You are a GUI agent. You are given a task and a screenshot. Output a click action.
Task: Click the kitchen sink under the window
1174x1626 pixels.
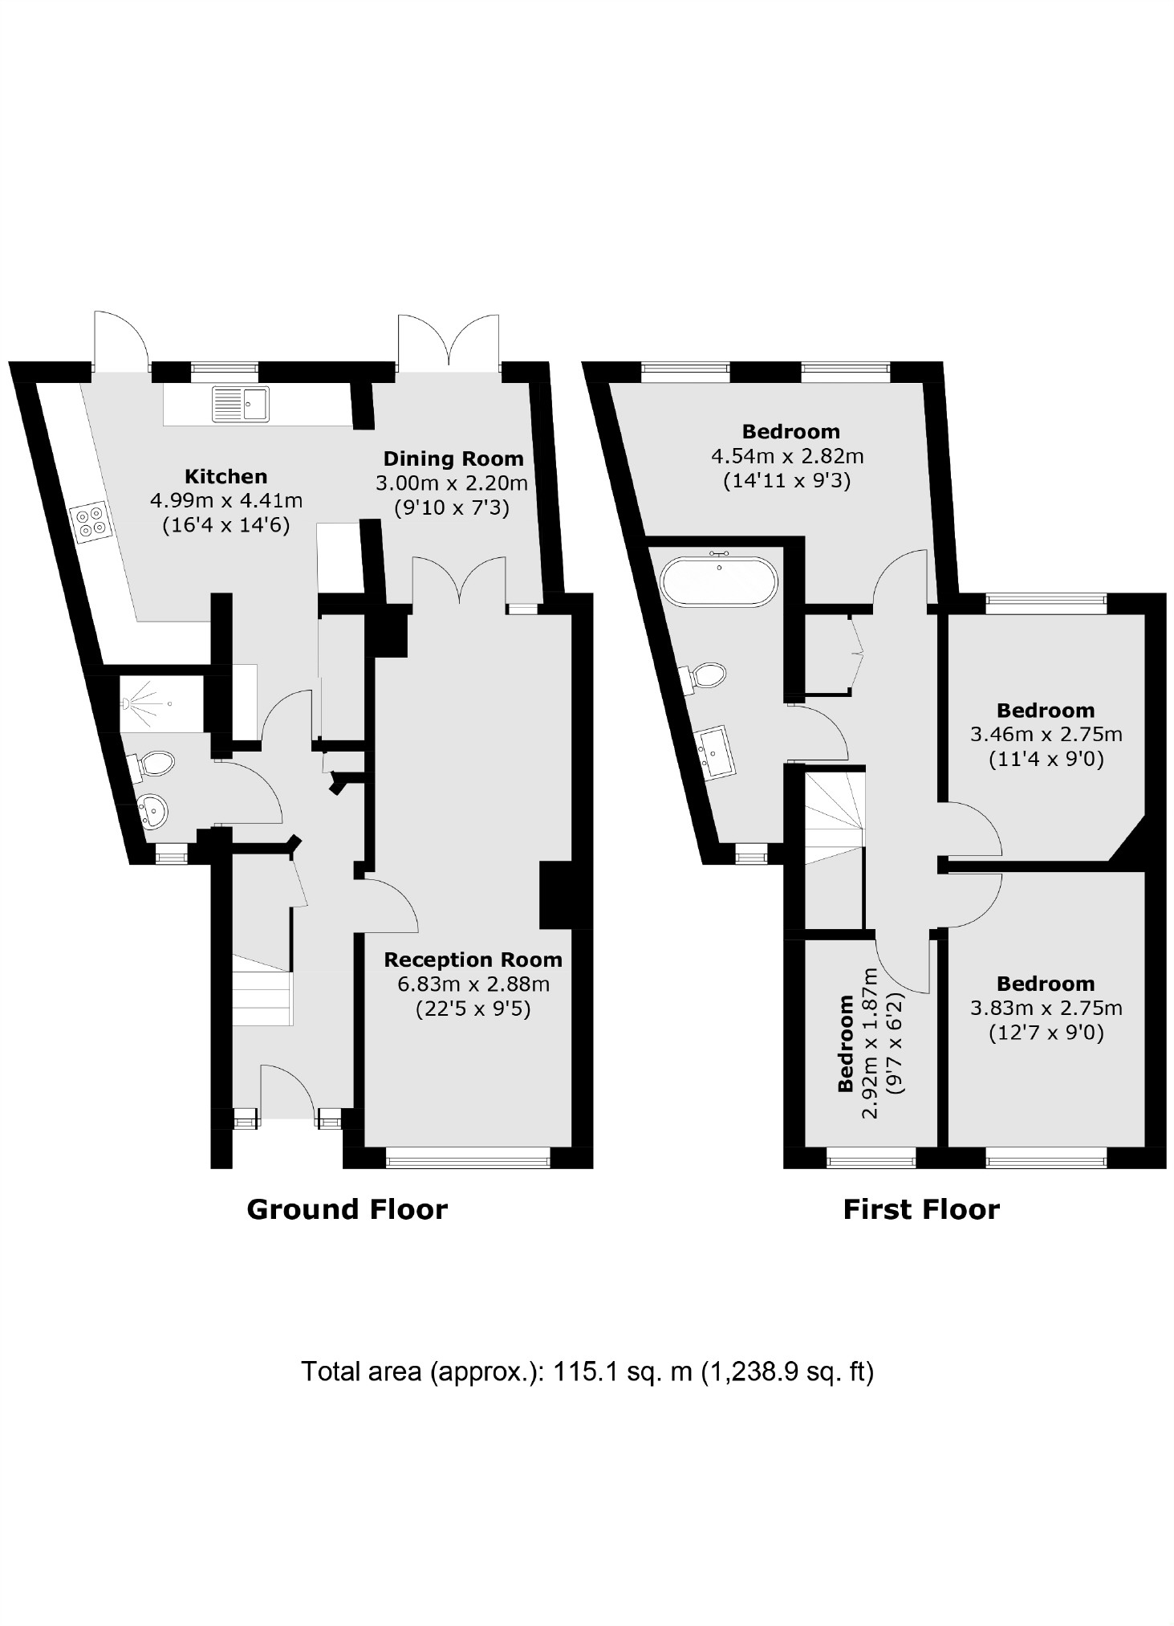click(241, 404)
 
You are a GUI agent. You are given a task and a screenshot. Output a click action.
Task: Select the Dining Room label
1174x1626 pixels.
click(453, 459)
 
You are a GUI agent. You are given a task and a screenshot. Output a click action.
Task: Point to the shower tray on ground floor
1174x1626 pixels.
click(160, 704)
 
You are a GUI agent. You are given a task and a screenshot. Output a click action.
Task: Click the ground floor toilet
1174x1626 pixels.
click(152, 765)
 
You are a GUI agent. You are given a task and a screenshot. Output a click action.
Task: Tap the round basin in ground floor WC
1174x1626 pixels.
click(152, 811)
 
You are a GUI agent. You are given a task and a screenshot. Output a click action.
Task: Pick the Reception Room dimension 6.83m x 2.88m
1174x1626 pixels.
click(473, 984)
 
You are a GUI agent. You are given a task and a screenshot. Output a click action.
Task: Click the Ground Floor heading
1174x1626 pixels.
click(347, 1209)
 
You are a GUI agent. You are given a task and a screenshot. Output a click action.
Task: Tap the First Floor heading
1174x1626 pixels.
click(920, 1209)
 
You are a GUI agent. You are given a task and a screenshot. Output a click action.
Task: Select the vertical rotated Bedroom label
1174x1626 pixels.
click(845, 1044)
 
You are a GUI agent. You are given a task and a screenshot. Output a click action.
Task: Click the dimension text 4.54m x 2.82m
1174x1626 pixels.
click(786, 457)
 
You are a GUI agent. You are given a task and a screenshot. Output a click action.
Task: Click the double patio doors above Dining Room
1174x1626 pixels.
click(448, 341)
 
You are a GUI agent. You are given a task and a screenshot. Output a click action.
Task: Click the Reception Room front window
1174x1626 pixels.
click(468, 1157)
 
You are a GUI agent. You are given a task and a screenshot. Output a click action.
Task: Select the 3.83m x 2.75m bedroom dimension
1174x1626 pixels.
click(1046, 1009)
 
